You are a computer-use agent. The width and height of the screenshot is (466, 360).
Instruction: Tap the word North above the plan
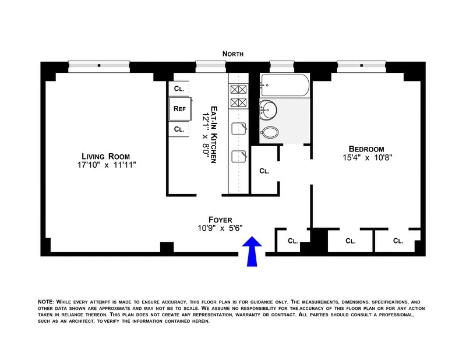232,54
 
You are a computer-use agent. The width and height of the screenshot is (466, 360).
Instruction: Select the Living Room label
105,156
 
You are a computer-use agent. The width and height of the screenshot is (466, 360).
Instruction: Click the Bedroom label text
365,148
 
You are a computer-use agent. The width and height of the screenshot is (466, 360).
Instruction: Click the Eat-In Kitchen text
214,135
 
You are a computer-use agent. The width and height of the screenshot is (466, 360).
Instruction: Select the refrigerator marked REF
179,108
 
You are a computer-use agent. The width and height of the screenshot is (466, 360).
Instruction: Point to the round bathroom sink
269,108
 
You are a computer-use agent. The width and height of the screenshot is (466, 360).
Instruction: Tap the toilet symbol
270,132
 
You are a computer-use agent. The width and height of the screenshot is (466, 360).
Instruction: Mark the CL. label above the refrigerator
179,88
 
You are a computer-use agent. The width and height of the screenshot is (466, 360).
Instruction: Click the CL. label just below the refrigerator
179,129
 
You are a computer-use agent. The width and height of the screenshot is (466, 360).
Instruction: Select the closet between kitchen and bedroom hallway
264,171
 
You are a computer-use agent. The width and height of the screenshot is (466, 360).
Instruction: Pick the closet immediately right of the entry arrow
292,240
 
